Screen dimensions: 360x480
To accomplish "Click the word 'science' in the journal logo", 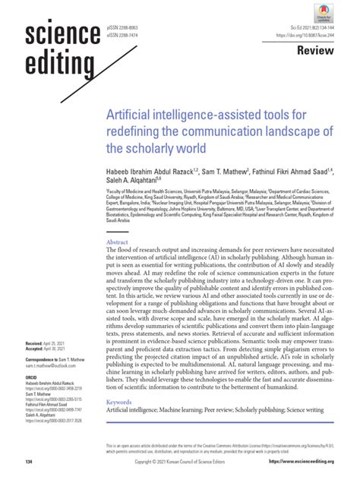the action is (63, 35).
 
